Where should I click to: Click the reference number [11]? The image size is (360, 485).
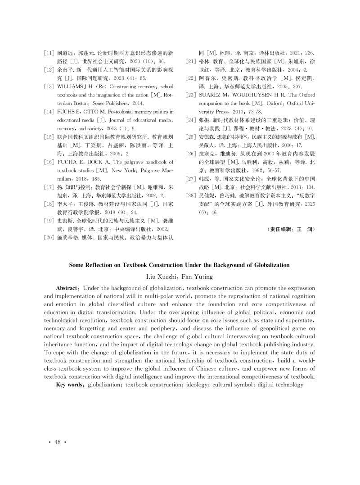coord(49,53)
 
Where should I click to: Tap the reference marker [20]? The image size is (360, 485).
coord(49,236)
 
